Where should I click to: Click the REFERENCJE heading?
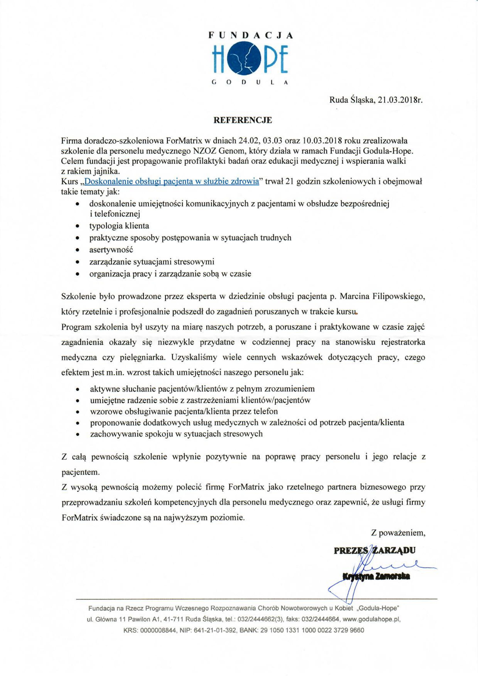click(x=242, y=120)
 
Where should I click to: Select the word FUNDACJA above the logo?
click(x=250, y=36)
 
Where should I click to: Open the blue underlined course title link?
click(x=171, y=181)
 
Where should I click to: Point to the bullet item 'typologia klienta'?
click(x=119, y=226)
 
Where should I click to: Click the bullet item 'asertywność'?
click(x=111, y=250)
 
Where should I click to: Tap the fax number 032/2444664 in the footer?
click(x=321, y=619)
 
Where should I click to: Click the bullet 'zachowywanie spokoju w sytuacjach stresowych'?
click(x=176, y=434)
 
